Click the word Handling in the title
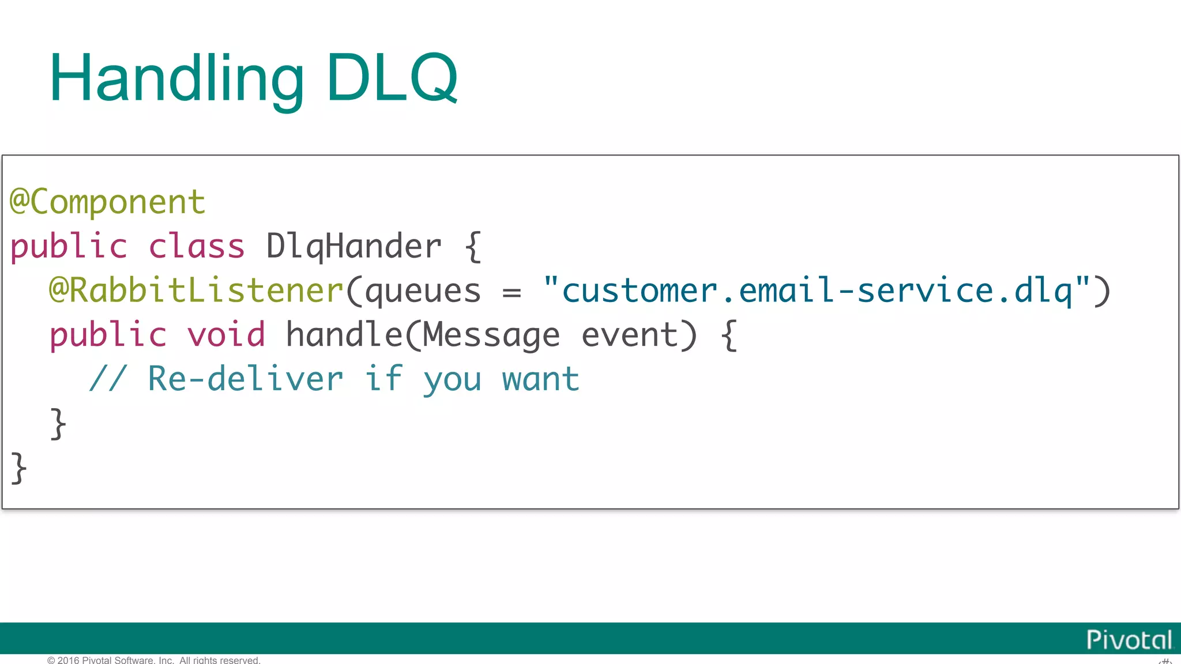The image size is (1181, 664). (x=176, y=78)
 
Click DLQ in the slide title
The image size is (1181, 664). (x=392, y=78)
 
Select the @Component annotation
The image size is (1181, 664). (x=108, y=202)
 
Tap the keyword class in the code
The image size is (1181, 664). (x=197, y=247)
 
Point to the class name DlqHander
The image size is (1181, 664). (x=353, y=247)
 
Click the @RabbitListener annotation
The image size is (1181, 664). (x=196, y=290)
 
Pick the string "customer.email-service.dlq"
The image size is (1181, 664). (x=817, y=290)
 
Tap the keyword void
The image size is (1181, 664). (x=227, y=335)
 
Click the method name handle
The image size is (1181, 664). (x=344, y=335)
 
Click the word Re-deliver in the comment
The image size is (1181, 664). (x=246, y=379)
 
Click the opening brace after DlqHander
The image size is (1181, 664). (x=473, y=247)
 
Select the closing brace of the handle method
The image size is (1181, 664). (x=58, y=424)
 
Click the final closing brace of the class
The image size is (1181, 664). (x=18, y=467)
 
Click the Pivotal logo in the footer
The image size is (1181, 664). (x=1129, y=640)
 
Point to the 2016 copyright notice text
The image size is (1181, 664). (x=154, y=660)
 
